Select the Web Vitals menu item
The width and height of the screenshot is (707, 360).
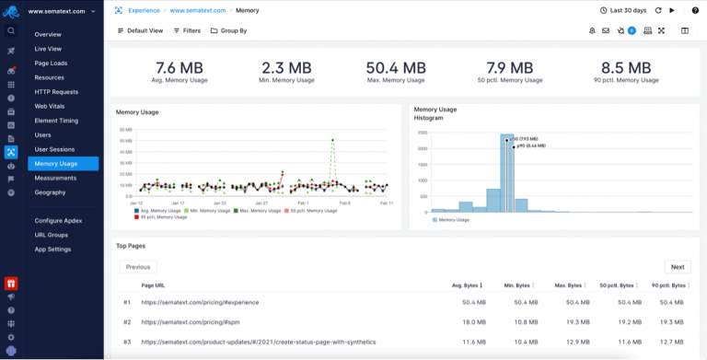(x=51, y=106)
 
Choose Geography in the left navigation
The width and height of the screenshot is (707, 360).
(x=51, y=192)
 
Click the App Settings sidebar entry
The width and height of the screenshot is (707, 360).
(x=52, y=250)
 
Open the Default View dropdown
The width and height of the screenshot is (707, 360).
(x=140, y=30)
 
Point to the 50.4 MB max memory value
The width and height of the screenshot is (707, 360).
(x=396, y=68)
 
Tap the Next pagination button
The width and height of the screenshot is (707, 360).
(x=677, y=267)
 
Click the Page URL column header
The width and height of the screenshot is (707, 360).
(x=153, y=285)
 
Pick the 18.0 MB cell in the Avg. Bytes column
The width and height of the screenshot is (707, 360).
(x=473, y=322)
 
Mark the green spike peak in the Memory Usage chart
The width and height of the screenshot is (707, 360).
(x=332, y=141)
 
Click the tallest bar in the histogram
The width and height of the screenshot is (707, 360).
(x=506, y=173)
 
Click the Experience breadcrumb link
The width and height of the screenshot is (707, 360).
(x=143, y=10)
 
